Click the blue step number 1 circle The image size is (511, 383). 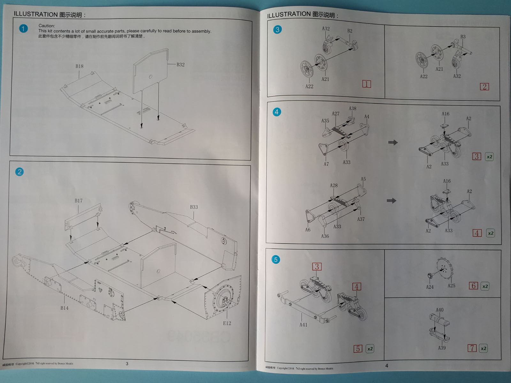(x=23, y=29)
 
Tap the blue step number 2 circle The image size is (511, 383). (x=19, y=172)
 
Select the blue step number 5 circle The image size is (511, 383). (x=276, y=259)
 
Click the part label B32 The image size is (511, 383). (x=180, y=64)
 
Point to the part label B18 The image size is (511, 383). (x=79, y=66)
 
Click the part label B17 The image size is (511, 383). (x=79, y=201)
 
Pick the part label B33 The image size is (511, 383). (x=194, y=207)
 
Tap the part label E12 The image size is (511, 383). (x=227, y=323)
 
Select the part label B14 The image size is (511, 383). (x=64, y=308)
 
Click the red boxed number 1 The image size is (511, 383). (x=366, y=84)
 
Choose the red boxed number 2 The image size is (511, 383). (x=484, y=86)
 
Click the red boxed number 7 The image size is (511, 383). (x=472, y=348)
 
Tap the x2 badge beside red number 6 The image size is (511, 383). (x=485, y=286)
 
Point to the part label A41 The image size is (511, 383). (x=303, y=325)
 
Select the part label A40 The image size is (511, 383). (x=439, y=310)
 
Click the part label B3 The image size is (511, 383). (x=463, y=37)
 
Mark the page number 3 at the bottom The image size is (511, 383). (x=127, y=364)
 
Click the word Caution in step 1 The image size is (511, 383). (x=47, y=26)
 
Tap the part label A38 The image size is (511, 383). (x=352, y=109)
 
